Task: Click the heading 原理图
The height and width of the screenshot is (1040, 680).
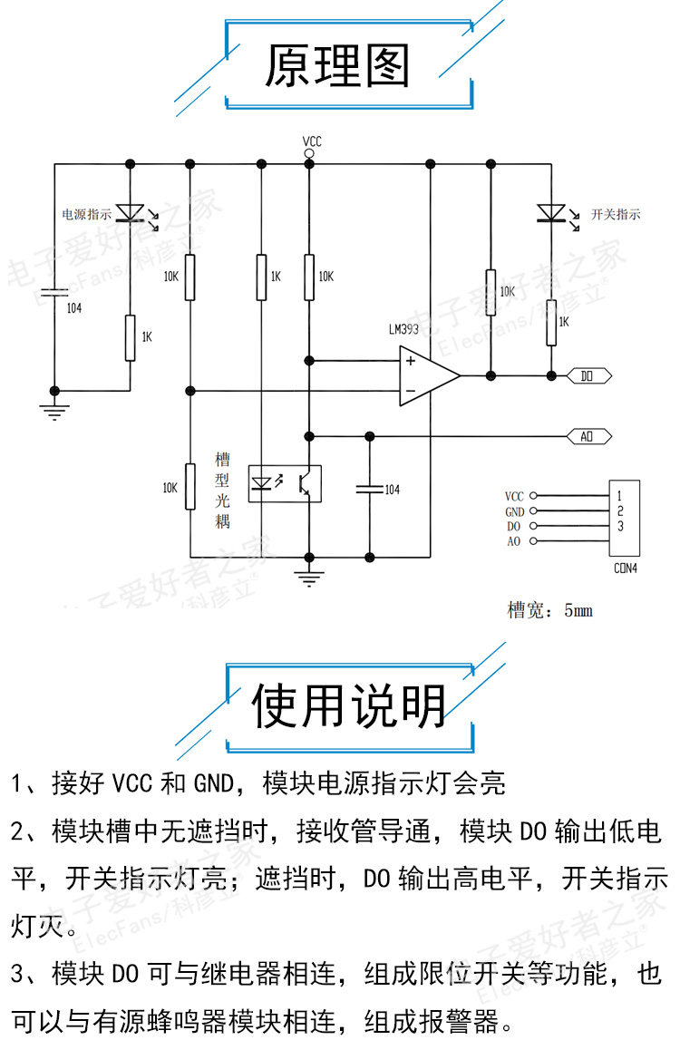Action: [x=337, y=65]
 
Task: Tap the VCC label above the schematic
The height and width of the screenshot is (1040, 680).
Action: [x=311, y=141]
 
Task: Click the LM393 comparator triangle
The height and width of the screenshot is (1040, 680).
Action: [x=427, y=374]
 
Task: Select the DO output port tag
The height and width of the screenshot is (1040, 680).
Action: [x=590, y=374]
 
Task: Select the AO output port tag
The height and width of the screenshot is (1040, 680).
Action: [x=590, y=436]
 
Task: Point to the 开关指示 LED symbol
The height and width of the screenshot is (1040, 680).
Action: [x=550, y=214]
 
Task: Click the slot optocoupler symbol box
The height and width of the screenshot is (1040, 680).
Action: [x=282, y=483]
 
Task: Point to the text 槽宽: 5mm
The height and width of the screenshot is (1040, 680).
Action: [x=549, y=610]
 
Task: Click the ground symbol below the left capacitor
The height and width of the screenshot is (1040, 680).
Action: [x=55, y=409]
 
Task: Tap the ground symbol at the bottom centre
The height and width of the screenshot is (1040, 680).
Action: [x=310, y=576]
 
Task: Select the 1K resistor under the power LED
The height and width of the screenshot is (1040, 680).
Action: [x=130, y=336]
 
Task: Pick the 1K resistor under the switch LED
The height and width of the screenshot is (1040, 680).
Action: [x=550, y=324]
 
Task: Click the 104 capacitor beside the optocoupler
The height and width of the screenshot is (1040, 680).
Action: [x=370, y=489]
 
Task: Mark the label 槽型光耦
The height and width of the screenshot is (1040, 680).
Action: [x=222, y=490]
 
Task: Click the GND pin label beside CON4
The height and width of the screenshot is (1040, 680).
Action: [x=514, y=511]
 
